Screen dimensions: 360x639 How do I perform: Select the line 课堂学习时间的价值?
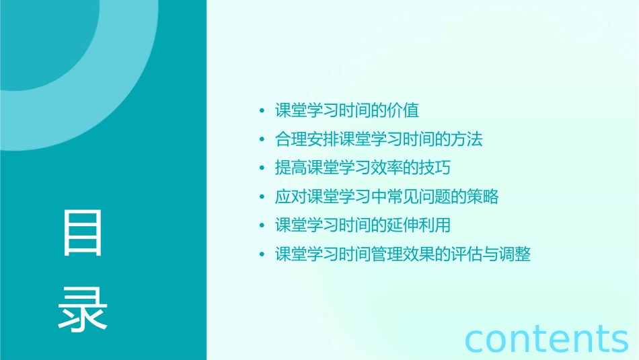(347, 110)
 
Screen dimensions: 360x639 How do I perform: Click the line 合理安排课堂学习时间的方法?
(379, 139)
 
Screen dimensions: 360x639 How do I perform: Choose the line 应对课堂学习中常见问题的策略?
(387, 197)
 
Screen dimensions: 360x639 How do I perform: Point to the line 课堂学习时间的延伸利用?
(363, 225)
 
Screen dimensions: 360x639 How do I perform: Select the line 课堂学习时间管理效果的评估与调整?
(403, 254)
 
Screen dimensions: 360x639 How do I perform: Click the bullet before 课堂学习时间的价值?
(262, 111)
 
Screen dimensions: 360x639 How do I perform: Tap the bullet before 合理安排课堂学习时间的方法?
(262, 140)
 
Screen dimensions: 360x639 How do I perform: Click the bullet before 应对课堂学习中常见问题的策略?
(262, 198)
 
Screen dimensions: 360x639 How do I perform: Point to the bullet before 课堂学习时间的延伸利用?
(262, 226)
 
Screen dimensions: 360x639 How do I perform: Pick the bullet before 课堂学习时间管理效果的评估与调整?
(262, 255)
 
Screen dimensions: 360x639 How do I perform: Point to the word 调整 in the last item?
(515, 254)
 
